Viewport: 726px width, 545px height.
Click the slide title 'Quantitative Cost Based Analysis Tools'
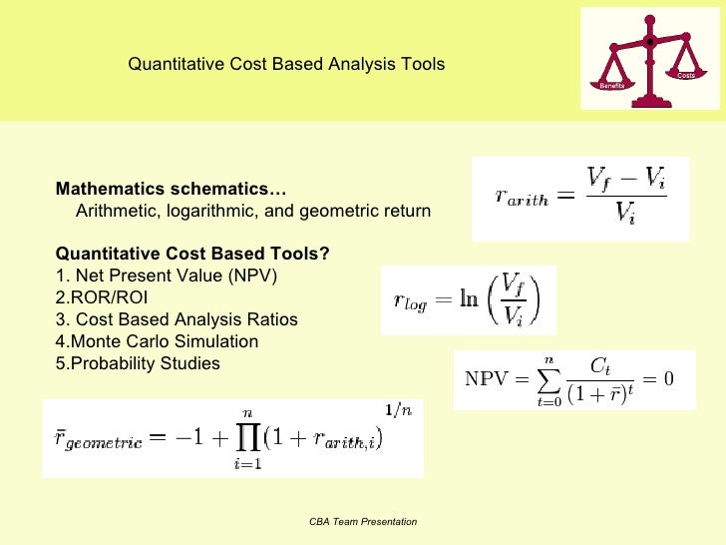point(286,65)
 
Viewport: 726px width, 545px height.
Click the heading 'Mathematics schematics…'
point(170,190)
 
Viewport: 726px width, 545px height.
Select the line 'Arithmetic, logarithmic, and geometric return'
point(253,211)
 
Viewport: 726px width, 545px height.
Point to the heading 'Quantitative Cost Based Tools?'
point(192,254)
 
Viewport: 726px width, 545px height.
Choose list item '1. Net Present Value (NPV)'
point(166,275)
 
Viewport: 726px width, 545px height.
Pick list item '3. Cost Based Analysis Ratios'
point(177,319)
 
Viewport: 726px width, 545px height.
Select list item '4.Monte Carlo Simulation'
point(157,341)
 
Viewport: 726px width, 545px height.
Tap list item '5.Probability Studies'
point(138,363)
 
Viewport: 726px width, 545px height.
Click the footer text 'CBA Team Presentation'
point(363,522)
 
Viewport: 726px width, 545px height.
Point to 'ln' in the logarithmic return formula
point(468,300)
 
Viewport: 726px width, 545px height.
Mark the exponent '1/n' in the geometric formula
point(399,409)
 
